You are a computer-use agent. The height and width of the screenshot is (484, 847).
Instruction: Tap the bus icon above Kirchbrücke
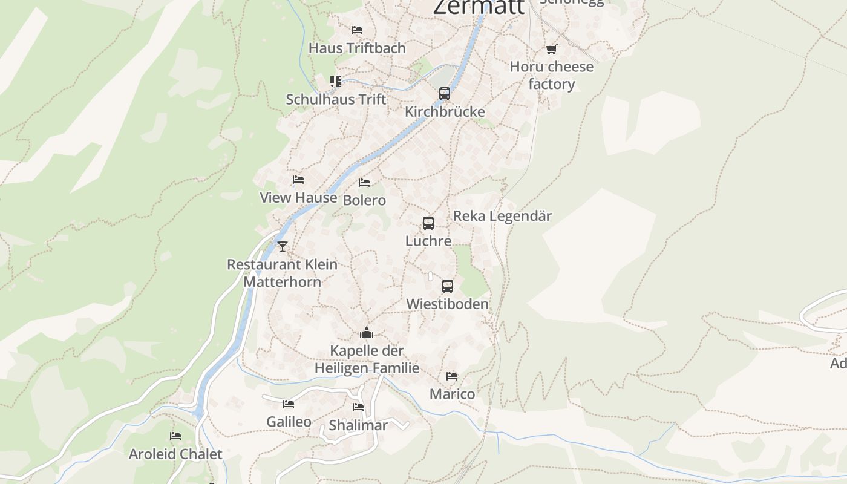(x=445, y=94)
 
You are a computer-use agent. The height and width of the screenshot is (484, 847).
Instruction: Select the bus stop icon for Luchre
(x=428, y=223)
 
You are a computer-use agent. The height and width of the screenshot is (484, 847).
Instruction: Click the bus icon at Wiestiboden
(x=448, y=286)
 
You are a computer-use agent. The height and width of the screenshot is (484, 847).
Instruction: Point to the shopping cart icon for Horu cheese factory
(x=551, y=49)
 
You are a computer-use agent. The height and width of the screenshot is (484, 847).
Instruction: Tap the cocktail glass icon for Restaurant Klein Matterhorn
(x=283, y=246)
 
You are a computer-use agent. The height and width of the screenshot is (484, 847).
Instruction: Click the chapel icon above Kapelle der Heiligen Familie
(x=367, y=333)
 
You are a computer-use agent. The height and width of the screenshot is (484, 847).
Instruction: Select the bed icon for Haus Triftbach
(x=357, y=30)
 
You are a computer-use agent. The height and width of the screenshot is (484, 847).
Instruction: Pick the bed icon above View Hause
(x=298, y=180)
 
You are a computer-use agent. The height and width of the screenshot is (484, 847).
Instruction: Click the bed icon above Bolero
(x=364, y=182)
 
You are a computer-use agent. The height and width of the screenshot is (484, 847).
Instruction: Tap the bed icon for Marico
(x=452, y=376)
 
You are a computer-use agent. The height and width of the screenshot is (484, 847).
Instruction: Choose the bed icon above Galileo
(x=289, y=404)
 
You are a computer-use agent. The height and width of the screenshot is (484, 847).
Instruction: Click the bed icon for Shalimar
(x=358, y=407)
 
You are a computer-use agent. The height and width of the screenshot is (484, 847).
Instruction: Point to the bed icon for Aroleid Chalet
(x=175, y=436)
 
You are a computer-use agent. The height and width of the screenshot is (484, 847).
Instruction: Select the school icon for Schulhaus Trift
(x=336, y=81)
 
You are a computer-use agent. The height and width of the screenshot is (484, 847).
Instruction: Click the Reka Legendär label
(x=502, y=216)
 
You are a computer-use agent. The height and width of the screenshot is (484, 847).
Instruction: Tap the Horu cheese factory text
(x=551, y=75)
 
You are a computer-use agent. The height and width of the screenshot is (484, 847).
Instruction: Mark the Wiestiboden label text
(x=447, y=304)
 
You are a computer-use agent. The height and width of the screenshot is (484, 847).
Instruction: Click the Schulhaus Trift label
(x=336, y=99)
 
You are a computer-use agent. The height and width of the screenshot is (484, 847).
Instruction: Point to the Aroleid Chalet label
(x=175, y=454)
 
